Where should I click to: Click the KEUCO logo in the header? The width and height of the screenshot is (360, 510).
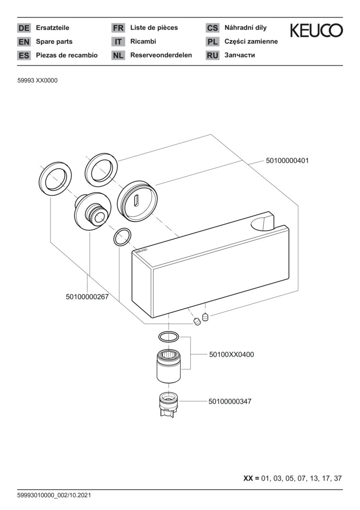coord(316,30)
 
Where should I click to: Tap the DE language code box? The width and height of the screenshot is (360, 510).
coord(24,28)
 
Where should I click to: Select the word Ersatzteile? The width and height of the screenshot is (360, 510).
coord(52,28)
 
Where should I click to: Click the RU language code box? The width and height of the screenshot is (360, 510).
coord(212,55)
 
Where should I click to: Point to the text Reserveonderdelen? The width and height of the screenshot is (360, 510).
coord(161,55)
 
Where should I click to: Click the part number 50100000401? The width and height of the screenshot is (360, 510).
coord(287,161)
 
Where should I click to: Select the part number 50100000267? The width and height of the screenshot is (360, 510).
coord(87,297)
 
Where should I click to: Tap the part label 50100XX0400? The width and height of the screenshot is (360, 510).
coord(231,355)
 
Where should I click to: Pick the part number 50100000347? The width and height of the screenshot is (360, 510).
coord(230,401)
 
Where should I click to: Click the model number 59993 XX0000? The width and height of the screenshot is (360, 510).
coord(37,81)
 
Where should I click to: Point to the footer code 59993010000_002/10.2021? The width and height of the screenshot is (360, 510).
coord(54,495)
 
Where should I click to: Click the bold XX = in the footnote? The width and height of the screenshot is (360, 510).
coord(251,478)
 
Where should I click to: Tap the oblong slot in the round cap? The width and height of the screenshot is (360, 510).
coord(136,200)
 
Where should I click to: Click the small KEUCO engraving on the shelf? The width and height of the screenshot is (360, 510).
coord(142,251)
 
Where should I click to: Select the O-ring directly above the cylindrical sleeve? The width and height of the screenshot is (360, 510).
coord(168,336)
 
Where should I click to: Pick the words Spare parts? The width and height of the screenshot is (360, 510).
coord(54,42)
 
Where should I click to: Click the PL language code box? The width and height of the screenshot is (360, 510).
coord(212,42)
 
